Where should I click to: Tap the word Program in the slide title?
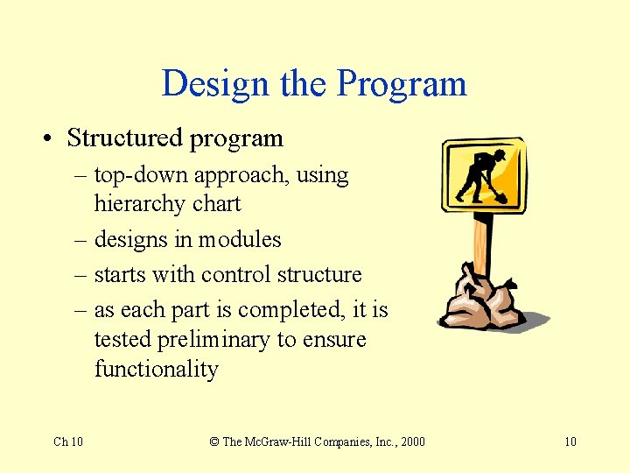[x=402, y=84]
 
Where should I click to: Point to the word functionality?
[x=156, y=369]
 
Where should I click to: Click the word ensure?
[x=333, y=340]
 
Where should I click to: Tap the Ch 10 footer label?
[x=68, y=441]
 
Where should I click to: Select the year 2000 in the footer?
[x=410, y=441]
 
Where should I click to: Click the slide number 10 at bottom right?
[x=570, y=441]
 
